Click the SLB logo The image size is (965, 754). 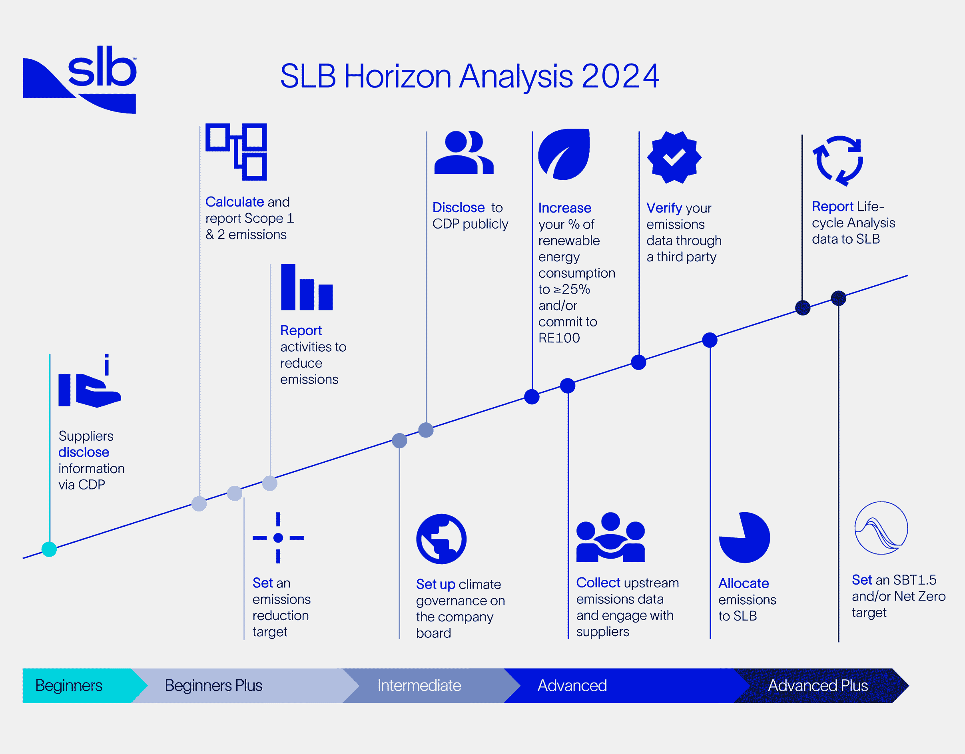pos(80,80)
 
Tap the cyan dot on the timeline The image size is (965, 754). pos(49,549)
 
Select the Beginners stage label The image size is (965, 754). pos(69,686)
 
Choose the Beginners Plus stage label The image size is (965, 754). pos(213,686)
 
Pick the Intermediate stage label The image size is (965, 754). pos(419,686)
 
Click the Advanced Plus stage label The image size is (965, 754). pos(817,686)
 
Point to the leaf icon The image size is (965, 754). pos(564,154)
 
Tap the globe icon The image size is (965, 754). pos(441,539)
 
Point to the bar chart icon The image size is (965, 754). pos(307,288)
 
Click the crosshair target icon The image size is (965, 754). pos(278,537)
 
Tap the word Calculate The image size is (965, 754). pos(235,202)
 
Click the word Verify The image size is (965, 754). pos(664,208)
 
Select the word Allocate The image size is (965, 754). pos(743,583)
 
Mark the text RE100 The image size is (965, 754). pos(559,338)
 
